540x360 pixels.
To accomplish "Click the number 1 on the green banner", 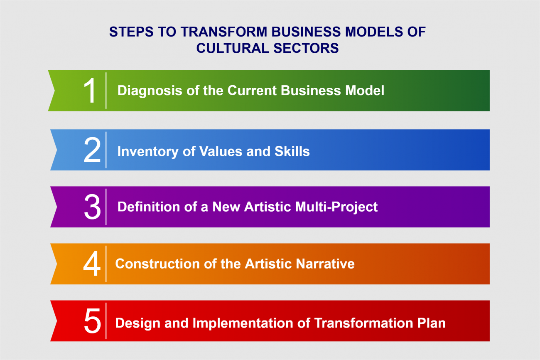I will [89, 91].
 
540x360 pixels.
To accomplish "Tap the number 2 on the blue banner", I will [92, 150].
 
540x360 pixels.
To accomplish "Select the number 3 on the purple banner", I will [92, 207].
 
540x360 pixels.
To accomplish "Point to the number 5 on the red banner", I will [92, 322].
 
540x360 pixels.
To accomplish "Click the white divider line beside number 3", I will [106, 207].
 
